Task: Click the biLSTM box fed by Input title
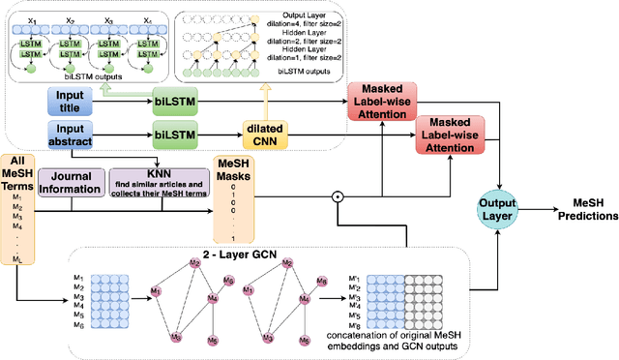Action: click(177, 99)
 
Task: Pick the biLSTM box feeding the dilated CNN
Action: click(177, 135)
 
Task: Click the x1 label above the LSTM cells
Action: click(31, 19)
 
